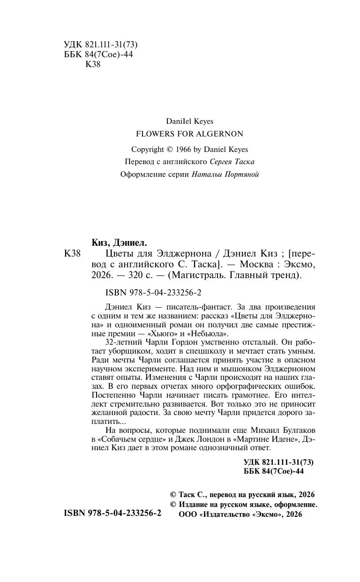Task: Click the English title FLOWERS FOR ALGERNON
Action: [189, 134]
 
